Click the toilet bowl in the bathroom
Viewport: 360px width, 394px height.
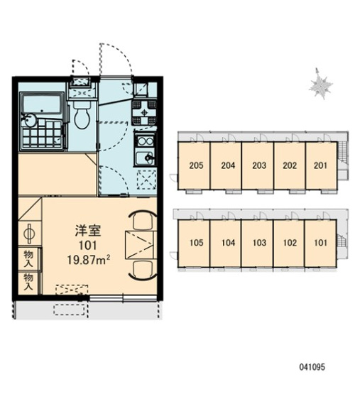82,116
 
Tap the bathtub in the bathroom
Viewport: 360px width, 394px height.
42,104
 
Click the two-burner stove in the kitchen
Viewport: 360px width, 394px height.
144,141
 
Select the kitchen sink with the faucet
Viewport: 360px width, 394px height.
144,158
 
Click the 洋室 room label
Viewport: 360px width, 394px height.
88,231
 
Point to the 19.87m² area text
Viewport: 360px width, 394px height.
89,260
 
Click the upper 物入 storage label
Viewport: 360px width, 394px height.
28,259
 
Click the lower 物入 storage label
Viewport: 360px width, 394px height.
28,282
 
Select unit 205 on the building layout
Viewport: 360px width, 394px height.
196,165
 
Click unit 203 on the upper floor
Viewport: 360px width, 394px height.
259,165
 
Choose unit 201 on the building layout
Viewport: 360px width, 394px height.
320,165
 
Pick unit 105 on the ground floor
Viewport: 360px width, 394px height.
196,243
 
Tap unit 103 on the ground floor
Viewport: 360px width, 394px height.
259,243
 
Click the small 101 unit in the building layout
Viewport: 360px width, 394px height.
320,243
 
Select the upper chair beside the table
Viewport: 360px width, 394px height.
142,220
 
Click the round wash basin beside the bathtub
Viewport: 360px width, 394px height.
29,121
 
